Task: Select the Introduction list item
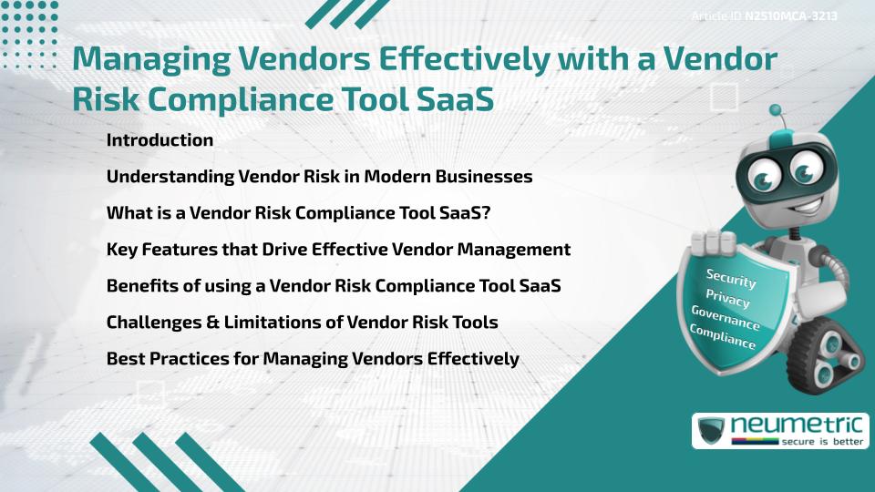click(x=160, y=140)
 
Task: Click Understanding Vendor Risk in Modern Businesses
click(x=319, y=177)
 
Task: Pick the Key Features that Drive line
click(x=338, y=250)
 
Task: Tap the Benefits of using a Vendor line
click(x=334, y=286)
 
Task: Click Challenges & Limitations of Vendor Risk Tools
click(x=302, y=323)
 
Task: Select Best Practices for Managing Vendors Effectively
click(x=313, y=359)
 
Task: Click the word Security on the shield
click(x=731, y=278)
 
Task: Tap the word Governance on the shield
click(x=725, y=318)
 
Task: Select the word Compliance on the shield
click(x=722, y=337)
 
